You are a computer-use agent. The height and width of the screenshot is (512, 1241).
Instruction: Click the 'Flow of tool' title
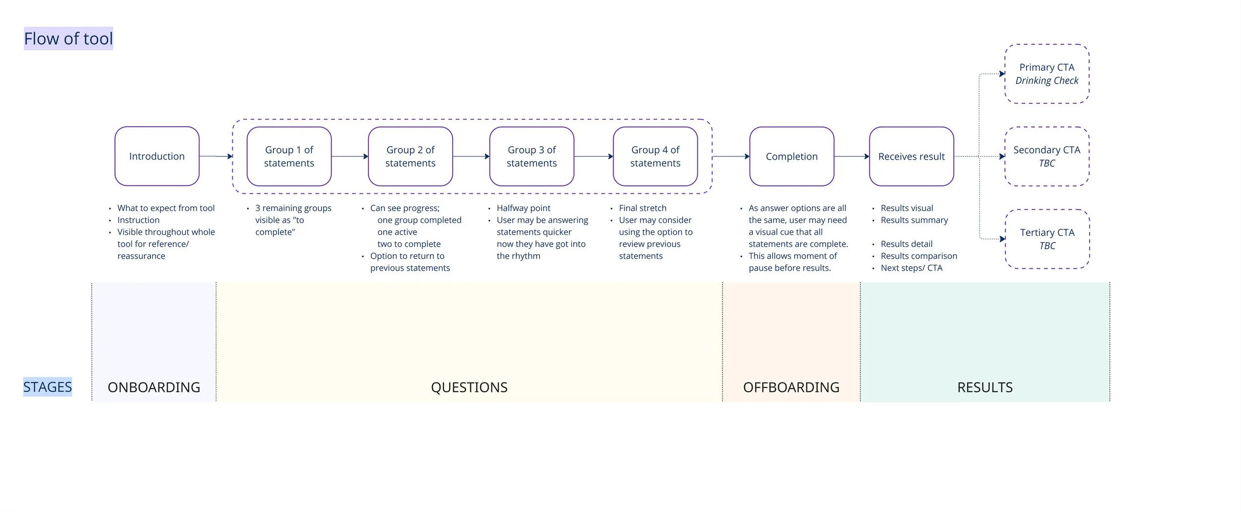69,39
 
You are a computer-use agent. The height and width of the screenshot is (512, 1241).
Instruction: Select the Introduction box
157,156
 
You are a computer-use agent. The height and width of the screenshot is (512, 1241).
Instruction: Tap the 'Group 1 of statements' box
289,156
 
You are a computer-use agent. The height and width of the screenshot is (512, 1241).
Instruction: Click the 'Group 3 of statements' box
532,156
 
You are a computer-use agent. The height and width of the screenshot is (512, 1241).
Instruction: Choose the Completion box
791,156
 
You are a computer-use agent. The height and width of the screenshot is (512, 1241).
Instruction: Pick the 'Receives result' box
911,156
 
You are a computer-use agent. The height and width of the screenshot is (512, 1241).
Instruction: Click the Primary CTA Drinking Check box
1046,74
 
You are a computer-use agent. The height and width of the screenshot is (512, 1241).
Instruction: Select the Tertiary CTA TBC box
1047,239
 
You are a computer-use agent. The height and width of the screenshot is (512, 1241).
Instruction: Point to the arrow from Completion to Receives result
851,156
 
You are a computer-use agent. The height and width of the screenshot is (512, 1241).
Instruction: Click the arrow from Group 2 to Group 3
471,156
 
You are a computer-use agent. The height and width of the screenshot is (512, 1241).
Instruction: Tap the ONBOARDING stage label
154,387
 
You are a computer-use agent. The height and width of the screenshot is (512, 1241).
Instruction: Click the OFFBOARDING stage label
791,387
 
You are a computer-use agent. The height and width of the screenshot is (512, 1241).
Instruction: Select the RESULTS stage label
984,387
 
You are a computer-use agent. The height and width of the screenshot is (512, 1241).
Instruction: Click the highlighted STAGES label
48,387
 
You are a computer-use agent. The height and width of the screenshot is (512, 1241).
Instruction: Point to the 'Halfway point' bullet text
523,208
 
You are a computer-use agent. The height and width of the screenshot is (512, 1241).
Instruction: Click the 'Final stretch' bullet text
642,208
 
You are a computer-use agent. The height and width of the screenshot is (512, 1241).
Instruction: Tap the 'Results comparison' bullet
918,256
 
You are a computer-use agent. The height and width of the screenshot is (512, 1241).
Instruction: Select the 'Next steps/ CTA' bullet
911,268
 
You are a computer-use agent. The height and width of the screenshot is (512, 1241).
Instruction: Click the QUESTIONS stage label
469,387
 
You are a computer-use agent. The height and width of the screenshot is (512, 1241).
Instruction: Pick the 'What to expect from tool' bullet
166,208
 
